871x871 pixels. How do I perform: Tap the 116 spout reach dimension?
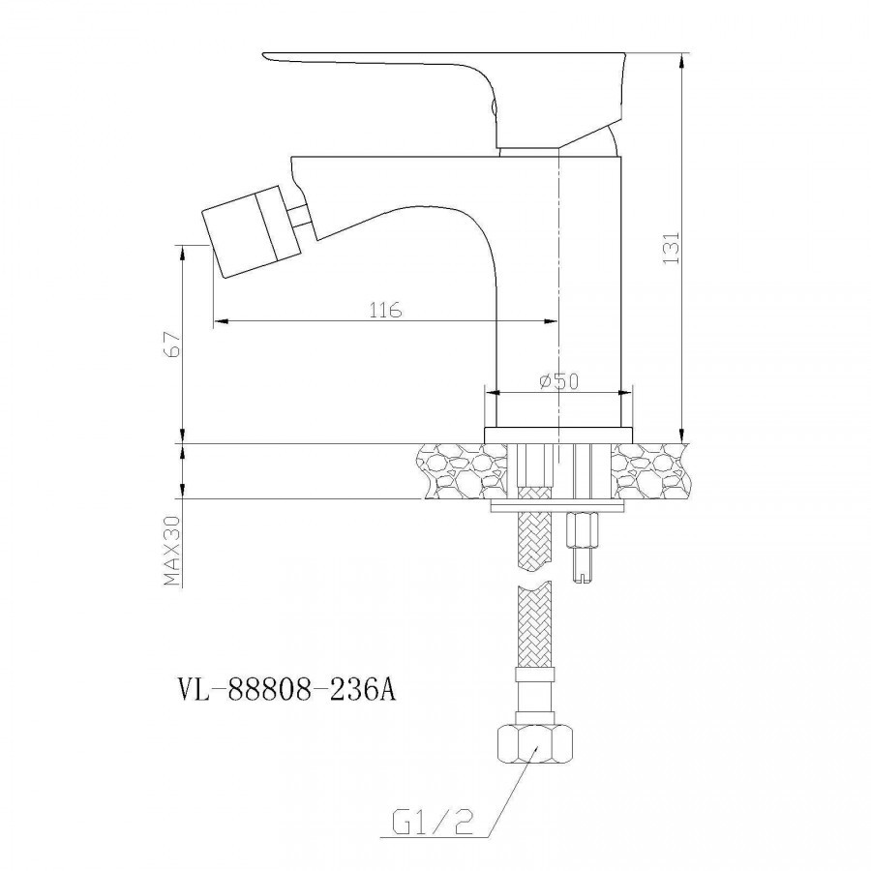[x=385, y=310]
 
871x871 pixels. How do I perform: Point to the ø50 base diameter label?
[x=559, y=381]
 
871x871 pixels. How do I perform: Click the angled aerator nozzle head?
[x=244, y=231]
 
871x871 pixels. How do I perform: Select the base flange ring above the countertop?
[x=558, y=435]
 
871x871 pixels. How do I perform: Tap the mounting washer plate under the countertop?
[x=557, y=506]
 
